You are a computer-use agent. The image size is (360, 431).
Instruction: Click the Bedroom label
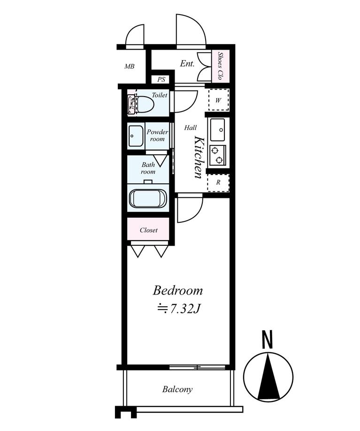tap(178, 291)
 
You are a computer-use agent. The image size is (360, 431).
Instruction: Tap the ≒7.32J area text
tap(178, 309)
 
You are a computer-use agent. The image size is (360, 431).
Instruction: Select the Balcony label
tap(177, 389)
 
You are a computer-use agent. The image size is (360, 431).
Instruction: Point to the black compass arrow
tap(268, 376)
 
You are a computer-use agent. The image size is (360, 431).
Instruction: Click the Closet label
tap(148, 230)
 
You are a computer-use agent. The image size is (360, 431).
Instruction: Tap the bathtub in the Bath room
tap(148, 199)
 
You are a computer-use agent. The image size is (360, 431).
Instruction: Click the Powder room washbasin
tap(136, 136)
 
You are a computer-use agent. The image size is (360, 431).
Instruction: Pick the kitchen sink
tap(217, 129)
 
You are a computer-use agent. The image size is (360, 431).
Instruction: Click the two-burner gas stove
tap(217, 156)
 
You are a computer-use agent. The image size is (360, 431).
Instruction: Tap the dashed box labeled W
tap(218, 100)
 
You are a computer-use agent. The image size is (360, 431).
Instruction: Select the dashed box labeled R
tap(218, 183)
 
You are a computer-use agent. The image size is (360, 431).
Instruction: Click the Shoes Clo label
tap(220, 66)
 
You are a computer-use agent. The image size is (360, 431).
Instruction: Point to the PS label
tap(161, 80)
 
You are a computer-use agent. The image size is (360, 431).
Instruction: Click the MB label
tap(130, 66)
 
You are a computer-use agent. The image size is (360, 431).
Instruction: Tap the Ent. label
tap(187, 64)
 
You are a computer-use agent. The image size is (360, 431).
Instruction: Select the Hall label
tap(190, 128)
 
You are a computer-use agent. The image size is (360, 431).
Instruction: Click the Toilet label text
tap(160, 95)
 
